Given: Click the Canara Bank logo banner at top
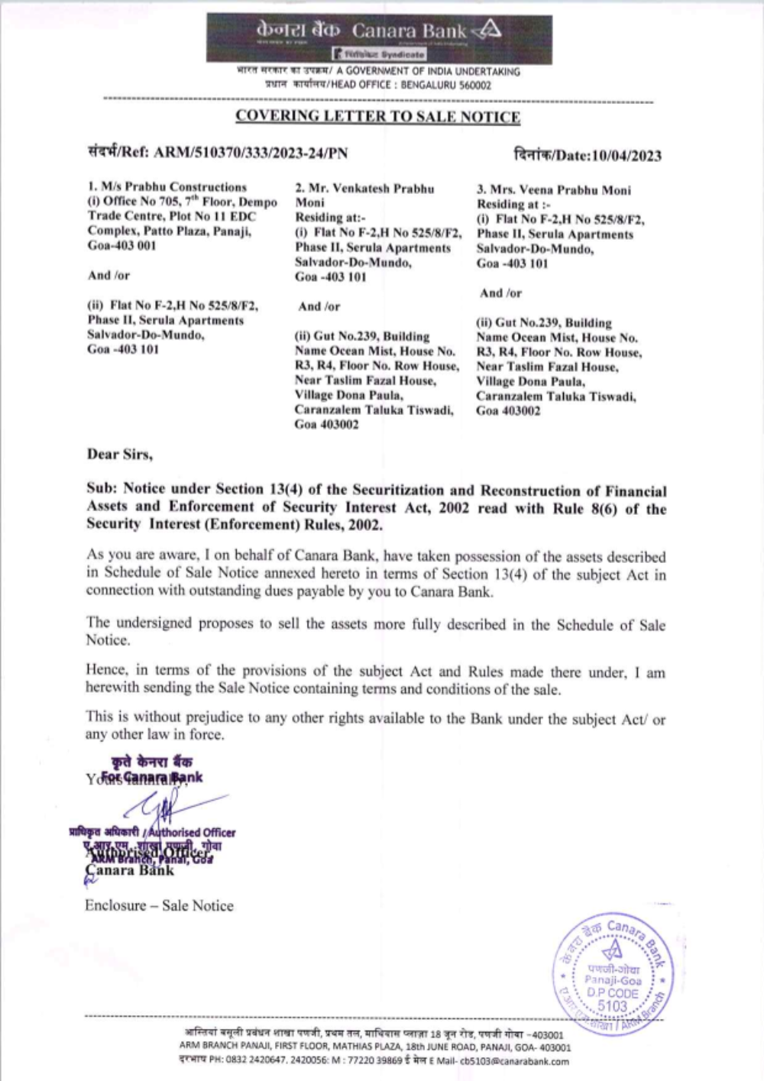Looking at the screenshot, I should coord(378,37).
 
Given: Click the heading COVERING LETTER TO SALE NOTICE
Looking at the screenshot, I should coord(377,117).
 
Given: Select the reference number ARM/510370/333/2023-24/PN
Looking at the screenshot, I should coord(251,153).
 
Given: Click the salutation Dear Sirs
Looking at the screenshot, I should coord(119,455).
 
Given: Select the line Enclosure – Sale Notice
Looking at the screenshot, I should coord(159,906).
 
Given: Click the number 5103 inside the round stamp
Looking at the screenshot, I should coord(612,1006).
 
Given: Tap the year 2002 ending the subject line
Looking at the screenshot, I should coord(365,526).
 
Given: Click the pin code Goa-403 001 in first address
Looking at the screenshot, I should coord(121,246).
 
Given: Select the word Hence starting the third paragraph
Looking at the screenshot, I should coord(106,671).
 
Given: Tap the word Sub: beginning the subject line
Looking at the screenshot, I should coord(102,490).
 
